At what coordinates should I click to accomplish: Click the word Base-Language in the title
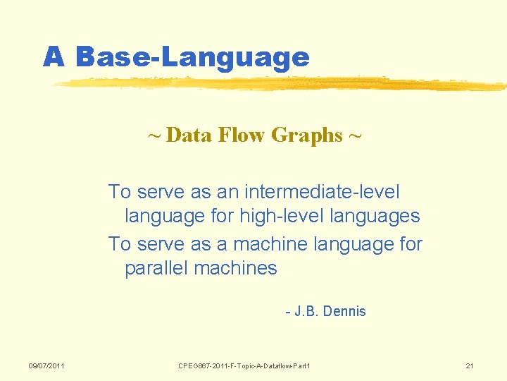point(192,56)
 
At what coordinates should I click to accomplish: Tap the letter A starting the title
point(54,56)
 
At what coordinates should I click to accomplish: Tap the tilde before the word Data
point(154,135)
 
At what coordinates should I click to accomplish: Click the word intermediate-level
point(323,192)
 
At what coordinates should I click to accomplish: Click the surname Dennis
point(344,311)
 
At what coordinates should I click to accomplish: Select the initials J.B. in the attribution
point(306,311)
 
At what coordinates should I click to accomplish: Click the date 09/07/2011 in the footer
point(46,365)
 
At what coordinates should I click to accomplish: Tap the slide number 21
point(470,365)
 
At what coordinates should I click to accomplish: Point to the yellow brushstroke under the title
point(282,84)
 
